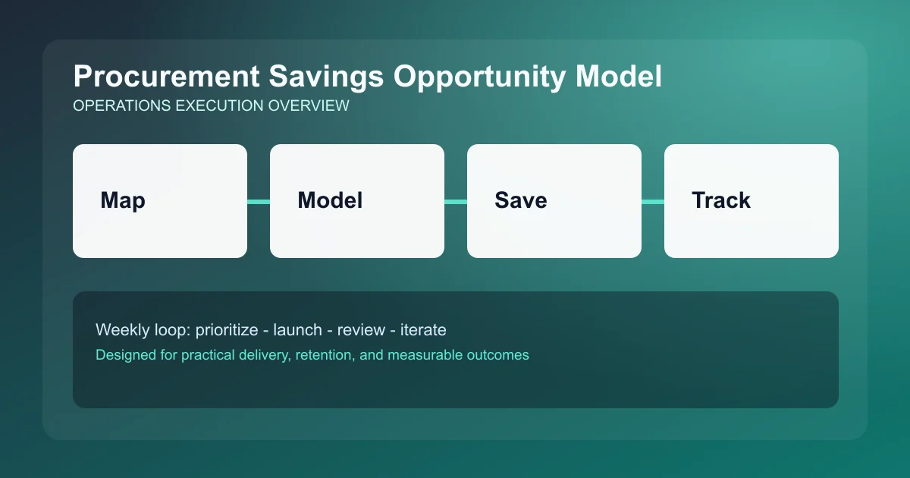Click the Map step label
[123, 200]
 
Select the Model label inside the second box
[330, 200]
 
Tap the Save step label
[521, 200]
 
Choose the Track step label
[721, 200]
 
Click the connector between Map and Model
[259, 201]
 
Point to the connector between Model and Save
[456, 201]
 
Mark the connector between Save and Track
[653, 201]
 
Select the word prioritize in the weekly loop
[226, 330]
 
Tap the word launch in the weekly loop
[297, 330]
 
